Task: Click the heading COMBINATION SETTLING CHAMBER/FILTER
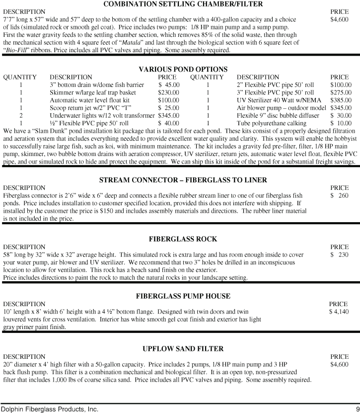(181, 4)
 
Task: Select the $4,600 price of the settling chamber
(339, 19)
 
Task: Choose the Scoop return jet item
(81, 108)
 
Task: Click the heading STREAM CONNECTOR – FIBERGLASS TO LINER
(183, 179)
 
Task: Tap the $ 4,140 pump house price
(339, 311)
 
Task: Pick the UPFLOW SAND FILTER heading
(183, 349)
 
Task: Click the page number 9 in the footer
(357, 409)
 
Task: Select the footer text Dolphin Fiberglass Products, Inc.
(49, 409)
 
